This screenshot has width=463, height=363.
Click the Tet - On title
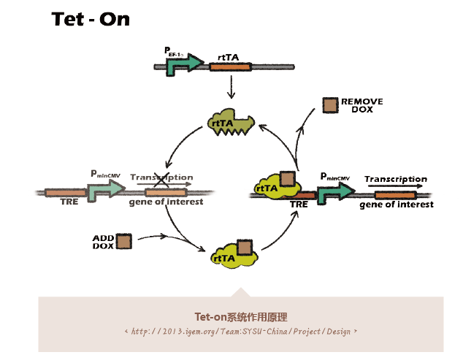(x=91, y=20)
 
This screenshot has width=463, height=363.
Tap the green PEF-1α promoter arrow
(x=183, y=66)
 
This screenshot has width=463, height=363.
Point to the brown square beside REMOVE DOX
(x=330, y=105)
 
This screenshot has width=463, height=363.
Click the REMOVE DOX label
(x=361, y=105)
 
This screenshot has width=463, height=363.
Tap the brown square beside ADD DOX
(x=123, y=242)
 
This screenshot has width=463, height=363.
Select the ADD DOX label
(x=103, y=242)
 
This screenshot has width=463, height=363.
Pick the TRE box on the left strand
(x=64, y=193)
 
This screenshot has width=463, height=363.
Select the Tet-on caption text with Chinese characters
(x=241, y=317)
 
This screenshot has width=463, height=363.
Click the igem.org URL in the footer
(x=241, y=332)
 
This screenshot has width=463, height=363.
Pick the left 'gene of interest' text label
(x=166, y=202)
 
